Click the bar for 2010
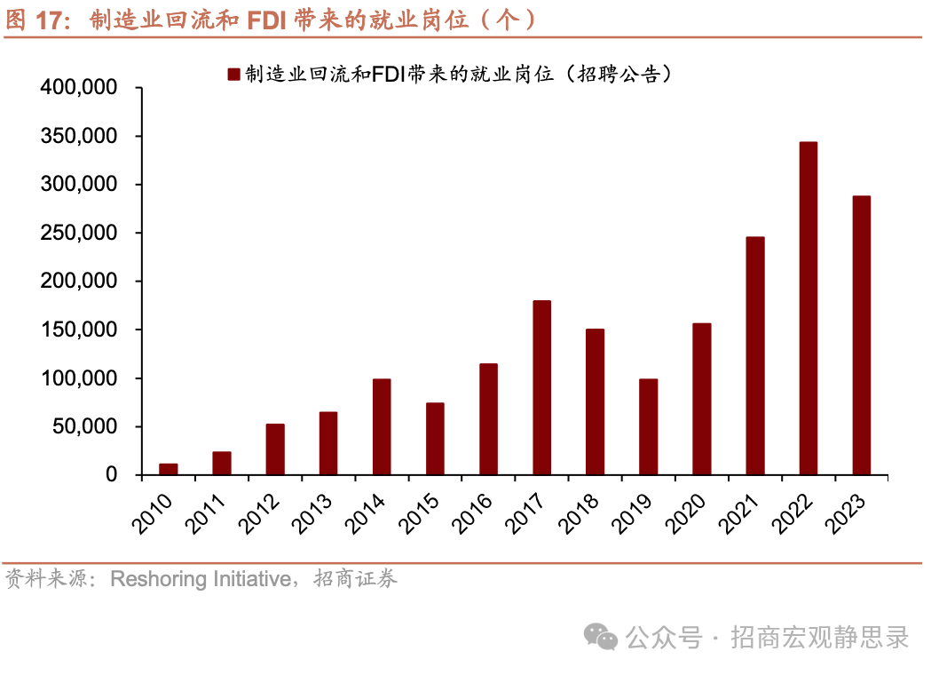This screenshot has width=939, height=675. coord(169,469)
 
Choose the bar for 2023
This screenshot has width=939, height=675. coord(861,335)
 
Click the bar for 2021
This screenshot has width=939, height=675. coord(754,355)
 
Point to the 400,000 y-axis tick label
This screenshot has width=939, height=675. coord(79,88)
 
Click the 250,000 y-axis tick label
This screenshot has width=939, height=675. coord(79,233)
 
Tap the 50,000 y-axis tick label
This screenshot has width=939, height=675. coord(84,426)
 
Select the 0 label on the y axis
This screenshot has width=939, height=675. coord(112,475)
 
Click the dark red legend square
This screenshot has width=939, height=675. coord(233,75)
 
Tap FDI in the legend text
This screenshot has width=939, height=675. coord(388,75)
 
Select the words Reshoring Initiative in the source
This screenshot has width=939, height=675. coord(200,580)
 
